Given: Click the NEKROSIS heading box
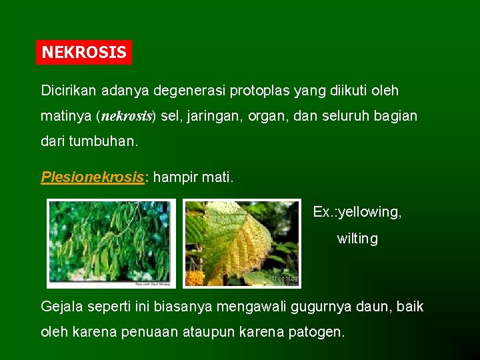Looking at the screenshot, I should (84, 52).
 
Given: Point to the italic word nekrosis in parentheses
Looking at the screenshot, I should (127, 116).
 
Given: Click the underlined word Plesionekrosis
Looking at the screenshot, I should (93, 177).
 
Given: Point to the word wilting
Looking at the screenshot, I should (357, 239).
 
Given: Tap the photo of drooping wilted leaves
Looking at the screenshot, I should (111, 243).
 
